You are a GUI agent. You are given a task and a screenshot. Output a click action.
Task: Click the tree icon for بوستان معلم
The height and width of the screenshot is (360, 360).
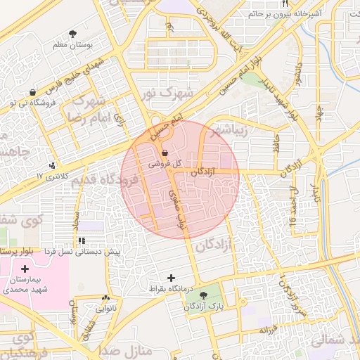pyautogui.click(x=72, y=33)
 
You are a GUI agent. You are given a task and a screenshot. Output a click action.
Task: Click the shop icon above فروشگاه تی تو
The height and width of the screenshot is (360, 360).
pyautogui.click(x=32, y=92)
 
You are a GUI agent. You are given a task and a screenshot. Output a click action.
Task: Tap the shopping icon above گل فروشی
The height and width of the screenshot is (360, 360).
pyautogui.click(x=165, y=152)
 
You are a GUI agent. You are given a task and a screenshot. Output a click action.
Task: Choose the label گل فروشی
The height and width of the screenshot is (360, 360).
pyautogui.click(x=165, y=163)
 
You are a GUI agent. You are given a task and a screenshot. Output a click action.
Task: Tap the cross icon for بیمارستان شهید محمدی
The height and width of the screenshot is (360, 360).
pyautogui.click(x=25, y=269)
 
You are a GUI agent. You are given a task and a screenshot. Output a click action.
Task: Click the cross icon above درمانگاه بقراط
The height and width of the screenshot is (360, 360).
pyautogui.click(x=171, y=277)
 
